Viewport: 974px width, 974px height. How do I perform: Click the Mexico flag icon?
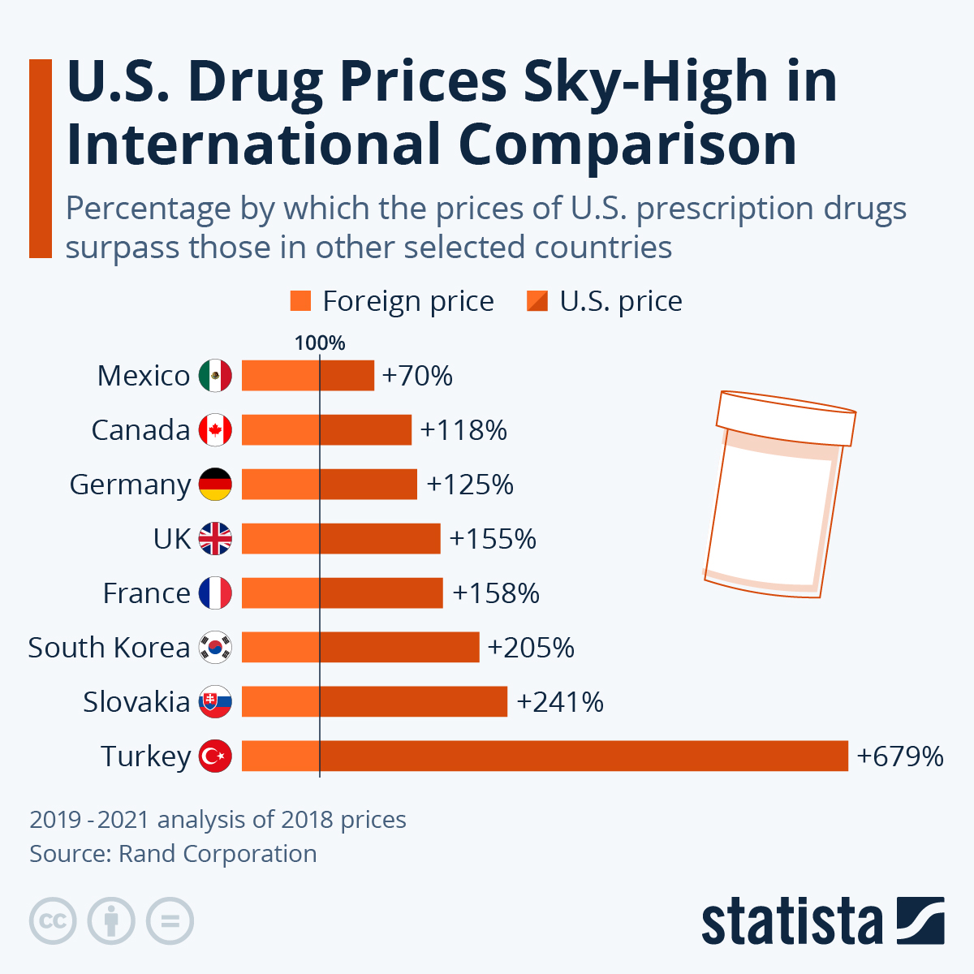[215, 376]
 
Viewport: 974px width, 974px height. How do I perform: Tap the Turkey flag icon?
[215, 756]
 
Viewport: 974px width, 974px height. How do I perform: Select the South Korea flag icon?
[215, 647]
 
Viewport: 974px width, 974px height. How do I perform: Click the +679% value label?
[900, 756]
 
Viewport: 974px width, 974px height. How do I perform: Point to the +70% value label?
[417, 376]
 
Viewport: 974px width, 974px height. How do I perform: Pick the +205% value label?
[531, 648]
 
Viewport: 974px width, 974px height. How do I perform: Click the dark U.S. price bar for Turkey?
[584, 756]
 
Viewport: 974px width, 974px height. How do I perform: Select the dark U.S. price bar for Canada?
[365, 430]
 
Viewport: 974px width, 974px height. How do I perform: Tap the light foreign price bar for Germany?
[280, 485]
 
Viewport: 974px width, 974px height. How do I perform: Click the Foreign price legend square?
[300, 301]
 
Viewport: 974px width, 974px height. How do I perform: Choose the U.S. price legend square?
[537, 301]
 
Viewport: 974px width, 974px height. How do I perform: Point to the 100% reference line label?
[320, 343]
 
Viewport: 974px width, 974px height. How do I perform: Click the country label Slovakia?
[136, 702]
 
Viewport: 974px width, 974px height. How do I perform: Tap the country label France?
[146, 593]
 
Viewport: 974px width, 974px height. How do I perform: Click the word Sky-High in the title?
[645, 82]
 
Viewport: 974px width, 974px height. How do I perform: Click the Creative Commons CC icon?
[53, 921]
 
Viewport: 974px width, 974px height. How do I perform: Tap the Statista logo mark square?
[920, 921]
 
